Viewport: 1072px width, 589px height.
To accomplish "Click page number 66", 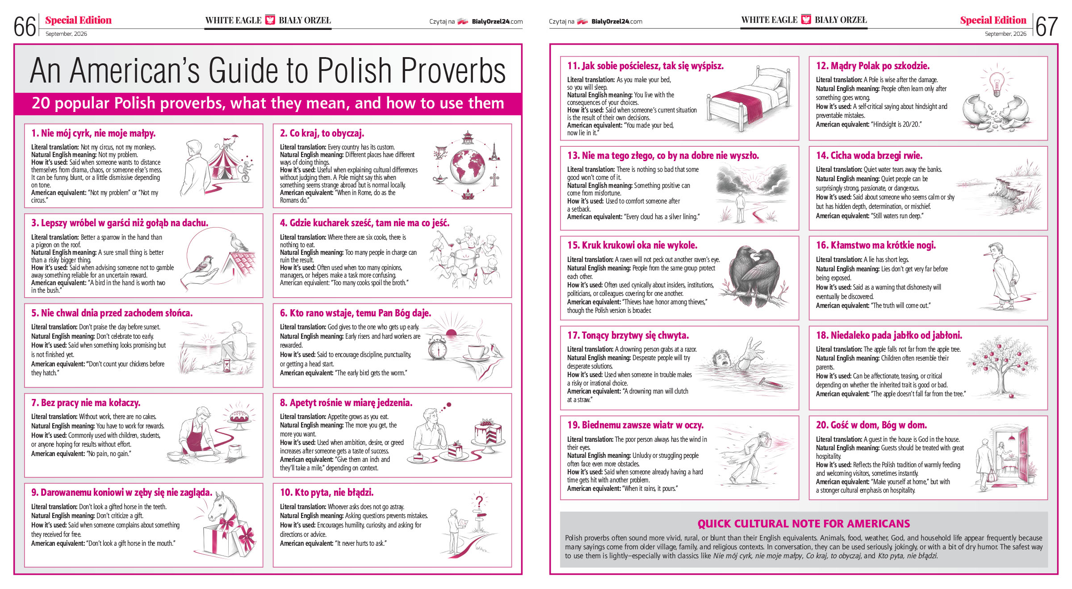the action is pos(25,27).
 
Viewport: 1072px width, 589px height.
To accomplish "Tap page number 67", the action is pos(1046,27).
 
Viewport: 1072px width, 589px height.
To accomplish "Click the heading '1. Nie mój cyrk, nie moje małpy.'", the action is pos(93,133).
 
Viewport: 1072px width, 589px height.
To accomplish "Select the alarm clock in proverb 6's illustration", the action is pos(437,348).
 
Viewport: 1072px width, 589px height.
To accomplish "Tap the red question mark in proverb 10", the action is pos(479,502).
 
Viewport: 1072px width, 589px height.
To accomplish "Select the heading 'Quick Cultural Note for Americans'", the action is pos(804,524).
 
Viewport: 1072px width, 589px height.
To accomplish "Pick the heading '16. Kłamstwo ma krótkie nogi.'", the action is pos(875,245).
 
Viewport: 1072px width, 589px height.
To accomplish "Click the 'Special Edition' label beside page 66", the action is pos(78,20).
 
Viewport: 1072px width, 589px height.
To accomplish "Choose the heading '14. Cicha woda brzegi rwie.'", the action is pos(869,156).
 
